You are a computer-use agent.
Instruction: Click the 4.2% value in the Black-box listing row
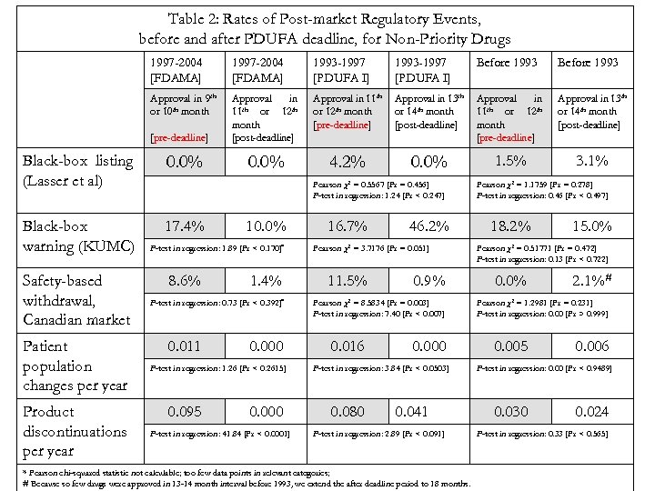[346, 161]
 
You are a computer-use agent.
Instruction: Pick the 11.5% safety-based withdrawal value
[346, 281]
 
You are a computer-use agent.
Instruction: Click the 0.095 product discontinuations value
[186, 411]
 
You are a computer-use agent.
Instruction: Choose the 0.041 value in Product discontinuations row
[412, 411]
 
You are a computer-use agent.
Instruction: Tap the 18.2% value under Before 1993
[510, 225]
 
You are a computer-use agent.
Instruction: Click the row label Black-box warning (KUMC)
[77, 235]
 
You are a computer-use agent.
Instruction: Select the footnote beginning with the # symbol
[246, 484]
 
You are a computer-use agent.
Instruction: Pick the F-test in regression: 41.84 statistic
[219, 433]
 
